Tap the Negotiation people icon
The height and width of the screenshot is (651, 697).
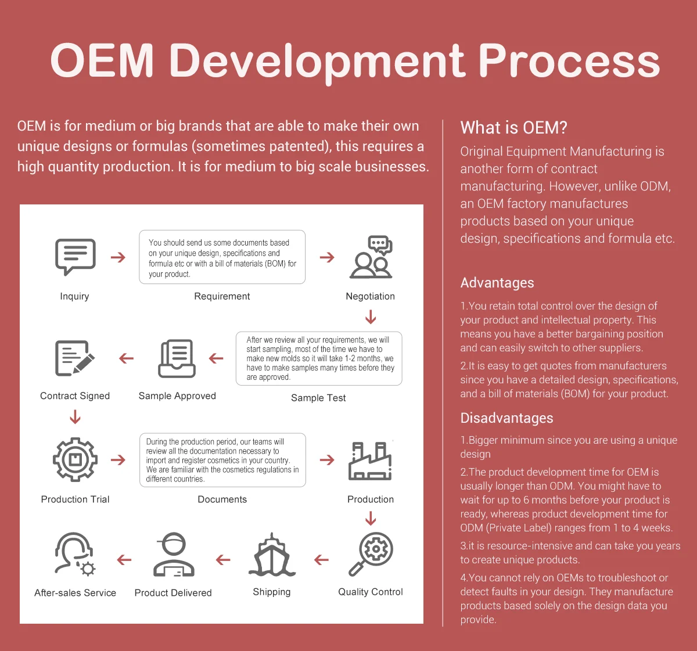(371, 257)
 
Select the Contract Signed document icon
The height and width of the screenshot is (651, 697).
(75, 358)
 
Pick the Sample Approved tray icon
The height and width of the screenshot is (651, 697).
(177, 358)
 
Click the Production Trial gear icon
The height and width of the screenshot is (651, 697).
(75, 459)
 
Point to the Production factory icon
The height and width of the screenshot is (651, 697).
(370, 461)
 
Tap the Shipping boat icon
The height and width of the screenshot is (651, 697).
(272, 555)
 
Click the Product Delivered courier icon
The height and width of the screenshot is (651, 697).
(174, 555)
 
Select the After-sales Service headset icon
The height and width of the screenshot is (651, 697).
(75, 555)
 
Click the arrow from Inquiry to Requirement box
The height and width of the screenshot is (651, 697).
(118, 257)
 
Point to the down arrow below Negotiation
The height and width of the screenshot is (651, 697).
(371, 316)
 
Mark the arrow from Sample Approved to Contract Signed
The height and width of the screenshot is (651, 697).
(127, 358)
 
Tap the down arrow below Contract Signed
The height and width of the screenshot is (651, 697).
(75, 417)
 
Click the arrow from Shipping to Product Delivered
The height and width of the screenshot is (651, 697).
(223, 559)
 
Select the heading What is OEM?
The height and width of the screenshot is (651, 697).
(513, 127)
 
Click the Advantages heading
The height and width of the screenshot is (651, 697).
(497, 283)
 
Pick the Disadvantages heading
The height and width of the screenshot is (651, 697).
(506, 418)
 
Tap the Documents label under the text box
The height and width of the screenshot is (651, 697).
(222, 499)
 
